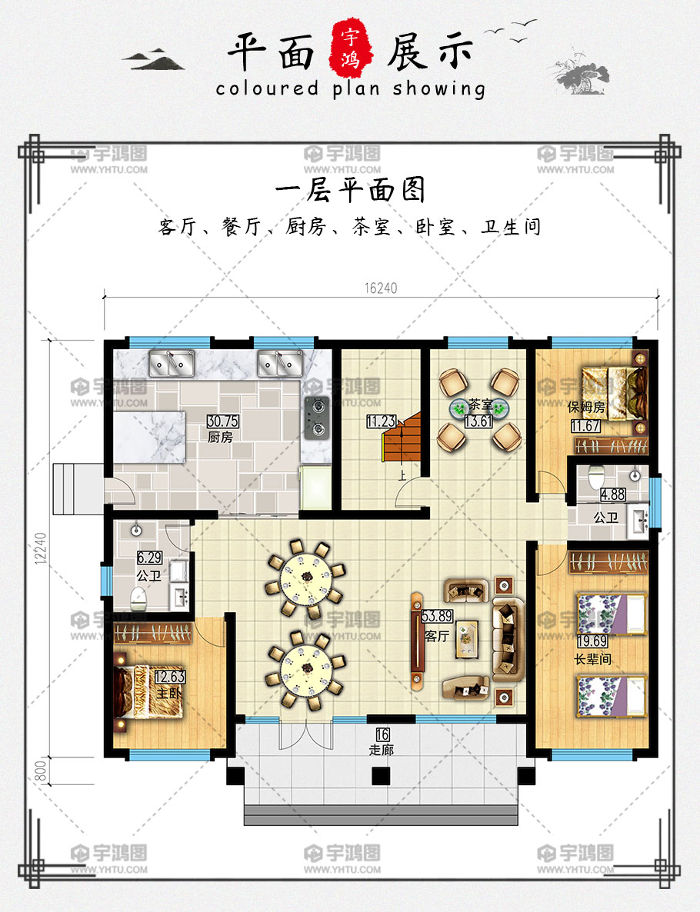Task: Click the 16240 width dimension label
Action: pos(381,288)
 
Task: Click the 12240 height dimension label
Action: pos(40,548)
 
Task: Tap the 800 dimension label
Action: pos(40,771)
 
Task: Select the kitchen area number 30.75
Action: pos(222,421)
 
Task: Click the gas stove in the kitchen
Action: pos(317,417)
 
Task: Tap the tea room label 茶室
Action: pos(480,404)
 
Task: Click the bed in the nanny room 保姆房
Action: pos(615,393)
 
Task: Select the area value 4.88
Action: pos(613,495)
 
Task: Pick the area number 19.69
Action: pos(592,641)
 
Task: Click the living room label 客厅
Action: pos(436,636)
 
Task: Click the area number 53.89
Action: pos(436,617)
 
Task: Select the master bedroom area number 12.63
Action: pos(170,677)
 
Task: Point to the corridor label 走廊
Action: pos(381,750)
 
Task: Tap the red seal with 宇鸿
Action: pos(351,48)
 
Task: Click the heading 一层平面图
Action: pos(350,190)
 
